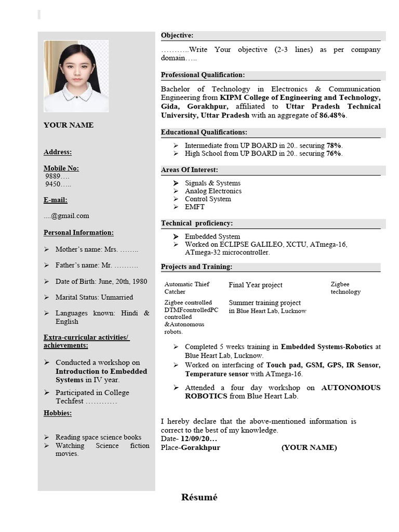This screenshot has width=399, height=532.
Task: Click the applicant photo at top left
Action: coord(76,76)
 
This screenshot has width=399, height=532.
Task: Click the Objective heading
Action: coord(177,35)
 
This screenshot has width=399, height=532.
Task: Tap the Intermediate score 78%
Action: coord(334,145)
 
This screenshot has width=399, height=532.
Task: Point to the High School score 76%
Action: coord(334,153)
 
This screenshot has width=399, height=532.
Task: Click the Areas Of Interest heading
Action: coord(189,170)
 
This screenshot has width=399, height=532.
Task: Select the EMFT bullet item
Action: coord(195,207)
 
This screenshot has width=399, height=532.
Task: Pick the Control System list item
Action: coord(208,199)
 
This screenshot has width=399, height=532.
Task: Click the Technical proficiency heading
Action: coord(196,223)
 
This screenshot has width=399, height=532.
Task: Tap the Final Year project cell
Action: coord(256,285)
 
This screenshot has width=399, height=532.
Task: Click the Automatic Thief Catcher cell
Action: coord(187,288)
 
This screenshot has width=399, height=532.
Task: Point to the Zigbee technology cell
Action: coord(345,288)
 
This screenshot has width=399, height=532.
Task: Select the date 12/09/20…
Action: coord(199,439)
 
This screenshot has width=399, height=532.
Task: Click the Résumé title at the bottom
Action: coord(199,497)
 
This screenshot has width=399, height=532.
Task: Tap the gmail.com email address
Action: coord(66,216)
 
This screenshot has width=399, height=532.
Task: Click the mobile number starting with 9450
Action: coord(58,184)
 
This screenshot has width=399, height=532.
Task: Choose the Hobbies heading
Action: coord(58,413)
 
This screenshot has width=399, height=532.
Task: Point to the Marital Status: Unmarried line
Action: coord(94,297)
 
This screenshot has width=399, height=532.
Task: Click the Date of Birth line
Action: coord(101,281)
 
